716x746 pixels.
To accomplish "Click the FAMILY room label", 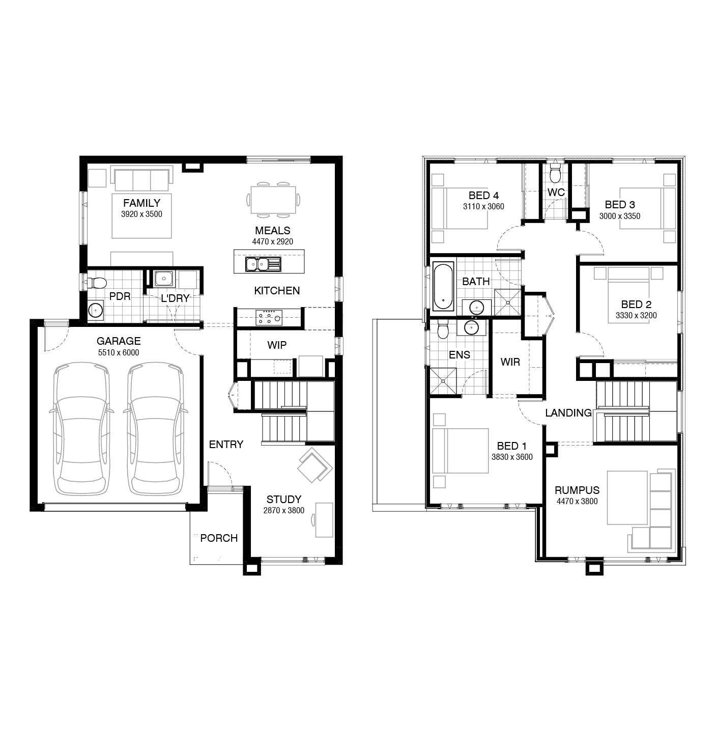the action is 141,203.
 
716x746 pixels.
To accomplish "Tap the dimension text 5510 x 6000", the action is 119,353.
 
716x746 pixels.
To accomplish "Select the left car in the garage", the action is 81,429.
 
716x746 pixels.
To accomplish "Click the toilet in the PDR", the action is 97,283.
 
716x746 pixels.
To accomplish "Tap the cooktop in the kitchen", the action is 269,317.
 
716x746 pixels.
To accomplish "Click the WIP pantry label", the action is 277,345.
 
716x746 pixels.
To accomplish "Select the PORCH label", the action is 219,538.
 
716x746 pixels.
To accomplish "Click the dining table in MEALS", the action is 273,200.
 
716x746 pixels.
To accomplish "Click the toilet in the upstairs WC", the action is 555,175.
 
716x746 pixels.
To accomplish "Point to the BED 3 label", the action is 619,205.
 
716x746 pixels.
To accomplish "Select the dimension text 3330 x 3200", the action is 636,316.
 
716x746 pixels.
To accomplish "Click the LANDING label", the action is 568,413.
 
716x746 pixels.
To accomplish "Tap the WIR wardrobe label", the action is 510,362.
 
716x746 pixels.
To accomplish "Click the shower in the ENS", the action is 443,381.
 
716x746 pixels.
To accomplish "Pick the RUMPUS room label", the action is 577,490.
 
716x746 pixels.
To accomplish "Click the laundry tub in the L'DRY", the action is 164,279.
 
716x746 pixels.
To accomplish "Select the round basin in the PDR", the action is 95,310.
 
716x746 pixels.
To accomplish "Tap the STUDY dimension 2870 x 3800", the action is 283,510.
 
